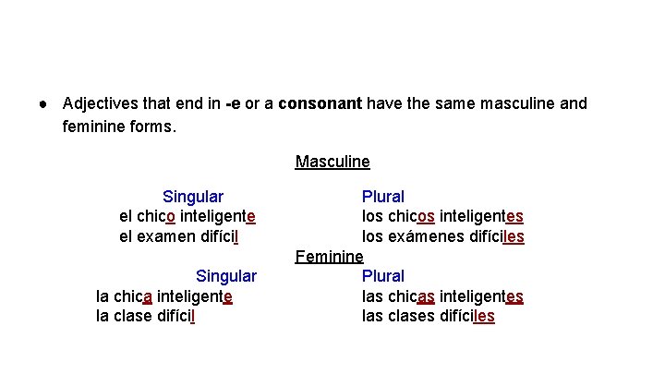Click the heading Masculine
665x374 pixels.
tap(332, 163)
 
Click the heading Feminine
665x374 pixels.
tap(329, 257)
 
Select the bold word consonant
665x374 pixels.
tap(320, 103)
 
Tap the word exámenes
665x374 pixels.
tap(428, 236)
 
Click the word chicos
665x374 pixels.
tap(412, 216)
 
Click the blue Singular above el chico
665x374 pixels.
tap(192, 197)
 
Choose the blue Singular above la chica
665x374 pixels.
tap(226, 276)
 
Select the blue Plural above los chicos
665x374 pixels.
tap(382, 197)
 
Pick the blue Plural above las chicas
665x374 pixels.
tap(382, 276)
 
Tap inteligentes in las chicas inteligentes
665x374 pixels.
tap(481, 296)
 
